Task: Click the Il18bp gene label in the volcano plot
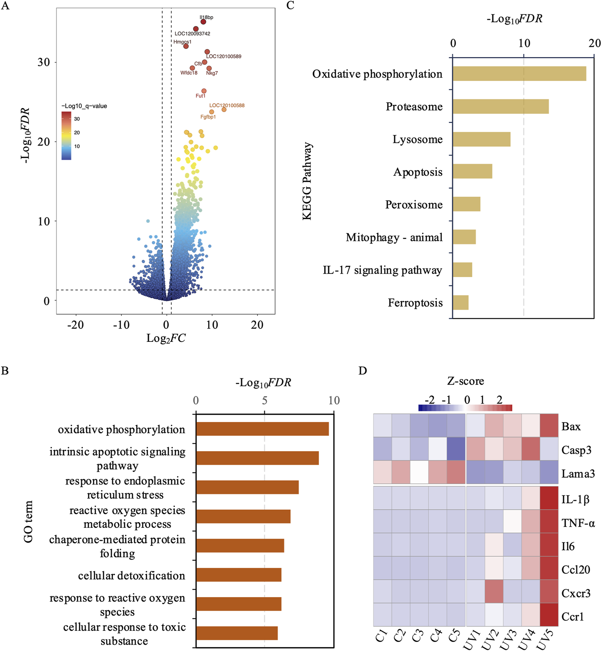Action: pos(206,17)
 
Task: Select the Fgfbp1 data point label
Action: pos(208,117)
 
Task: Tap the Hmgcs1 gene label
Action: pos(182,42)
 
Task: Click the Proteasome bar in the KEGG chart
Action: pos(500,106)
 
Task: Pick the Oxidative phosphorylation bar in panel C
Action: pos(519,74)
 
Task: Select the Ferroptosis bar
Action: pos(460,302)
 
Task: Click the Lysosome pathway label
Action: pos(417,139)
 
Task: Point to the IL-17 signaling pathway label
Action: pos(382,270)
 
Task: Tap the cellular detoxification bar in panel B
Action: pos(238,575)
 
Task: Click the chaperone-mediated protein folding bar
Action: pos(240,546)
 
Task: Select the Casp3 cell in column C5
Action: pos(456,449)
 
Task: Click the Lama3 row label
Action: pos(578,474)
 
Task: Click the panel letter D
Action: pos(362,370)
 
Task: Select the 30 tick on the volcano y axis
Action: pos(43,62)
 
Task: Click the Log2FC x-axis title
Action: pos(166,338)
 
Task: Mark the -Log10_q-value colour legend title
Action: pos(84,106)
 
